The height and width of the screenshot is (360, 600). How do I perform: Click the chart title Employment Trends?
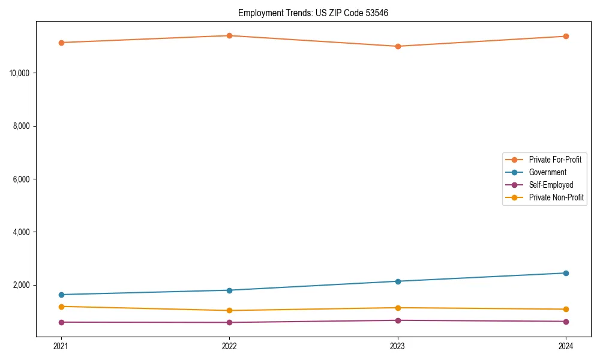point(313,13)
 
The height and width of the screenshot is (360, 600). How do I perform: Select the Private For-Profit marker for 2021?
point(61,43)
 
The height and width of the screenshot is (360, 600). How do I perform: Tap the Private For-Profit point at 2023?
point(398,46)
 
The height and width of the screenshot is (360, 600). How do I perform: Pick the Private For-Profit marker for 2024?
point(566,37)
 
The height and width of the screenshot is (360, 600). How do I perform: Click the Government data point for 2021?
point(61,295)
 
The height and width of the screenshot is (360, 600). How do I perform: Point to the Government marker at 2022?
point(229,290)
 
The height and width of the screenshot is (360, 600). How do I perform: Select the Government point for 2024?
point(566,273)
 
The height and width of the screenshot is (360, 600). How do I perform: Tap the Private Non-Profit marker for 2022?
point(229,310)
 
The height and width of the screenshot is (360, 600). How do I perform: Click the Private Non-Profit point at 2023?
point(398,308)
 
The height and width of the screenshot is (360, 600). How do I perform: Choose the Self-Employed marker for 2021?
point(61,322)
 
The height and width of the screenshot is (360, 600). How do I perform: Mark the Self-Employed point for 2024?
point(566,322)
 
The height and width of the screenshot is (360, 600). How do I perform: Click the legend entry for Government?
point(547,172)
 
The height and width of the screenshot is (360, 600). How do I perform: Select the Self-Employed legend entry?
point(551,185)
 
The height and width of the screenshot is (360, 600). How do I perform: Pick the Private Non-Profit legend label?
point(556,197)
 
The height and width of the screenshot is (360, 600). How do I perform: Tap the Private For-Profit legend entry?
point(555,160)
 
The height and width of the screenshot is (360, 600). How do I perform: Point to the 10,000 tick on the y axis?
point(21,73)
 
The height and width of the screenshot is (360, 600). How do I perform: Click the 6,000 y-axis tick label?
point(23,179)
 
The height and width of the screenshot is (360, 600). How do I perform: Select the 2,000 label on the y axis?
point(23,285)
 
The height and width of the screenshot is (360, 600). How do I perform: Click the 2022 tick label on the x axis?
point(229,346)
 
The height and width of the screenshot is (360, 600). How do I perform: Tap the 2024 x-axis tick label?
point(566,346)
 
